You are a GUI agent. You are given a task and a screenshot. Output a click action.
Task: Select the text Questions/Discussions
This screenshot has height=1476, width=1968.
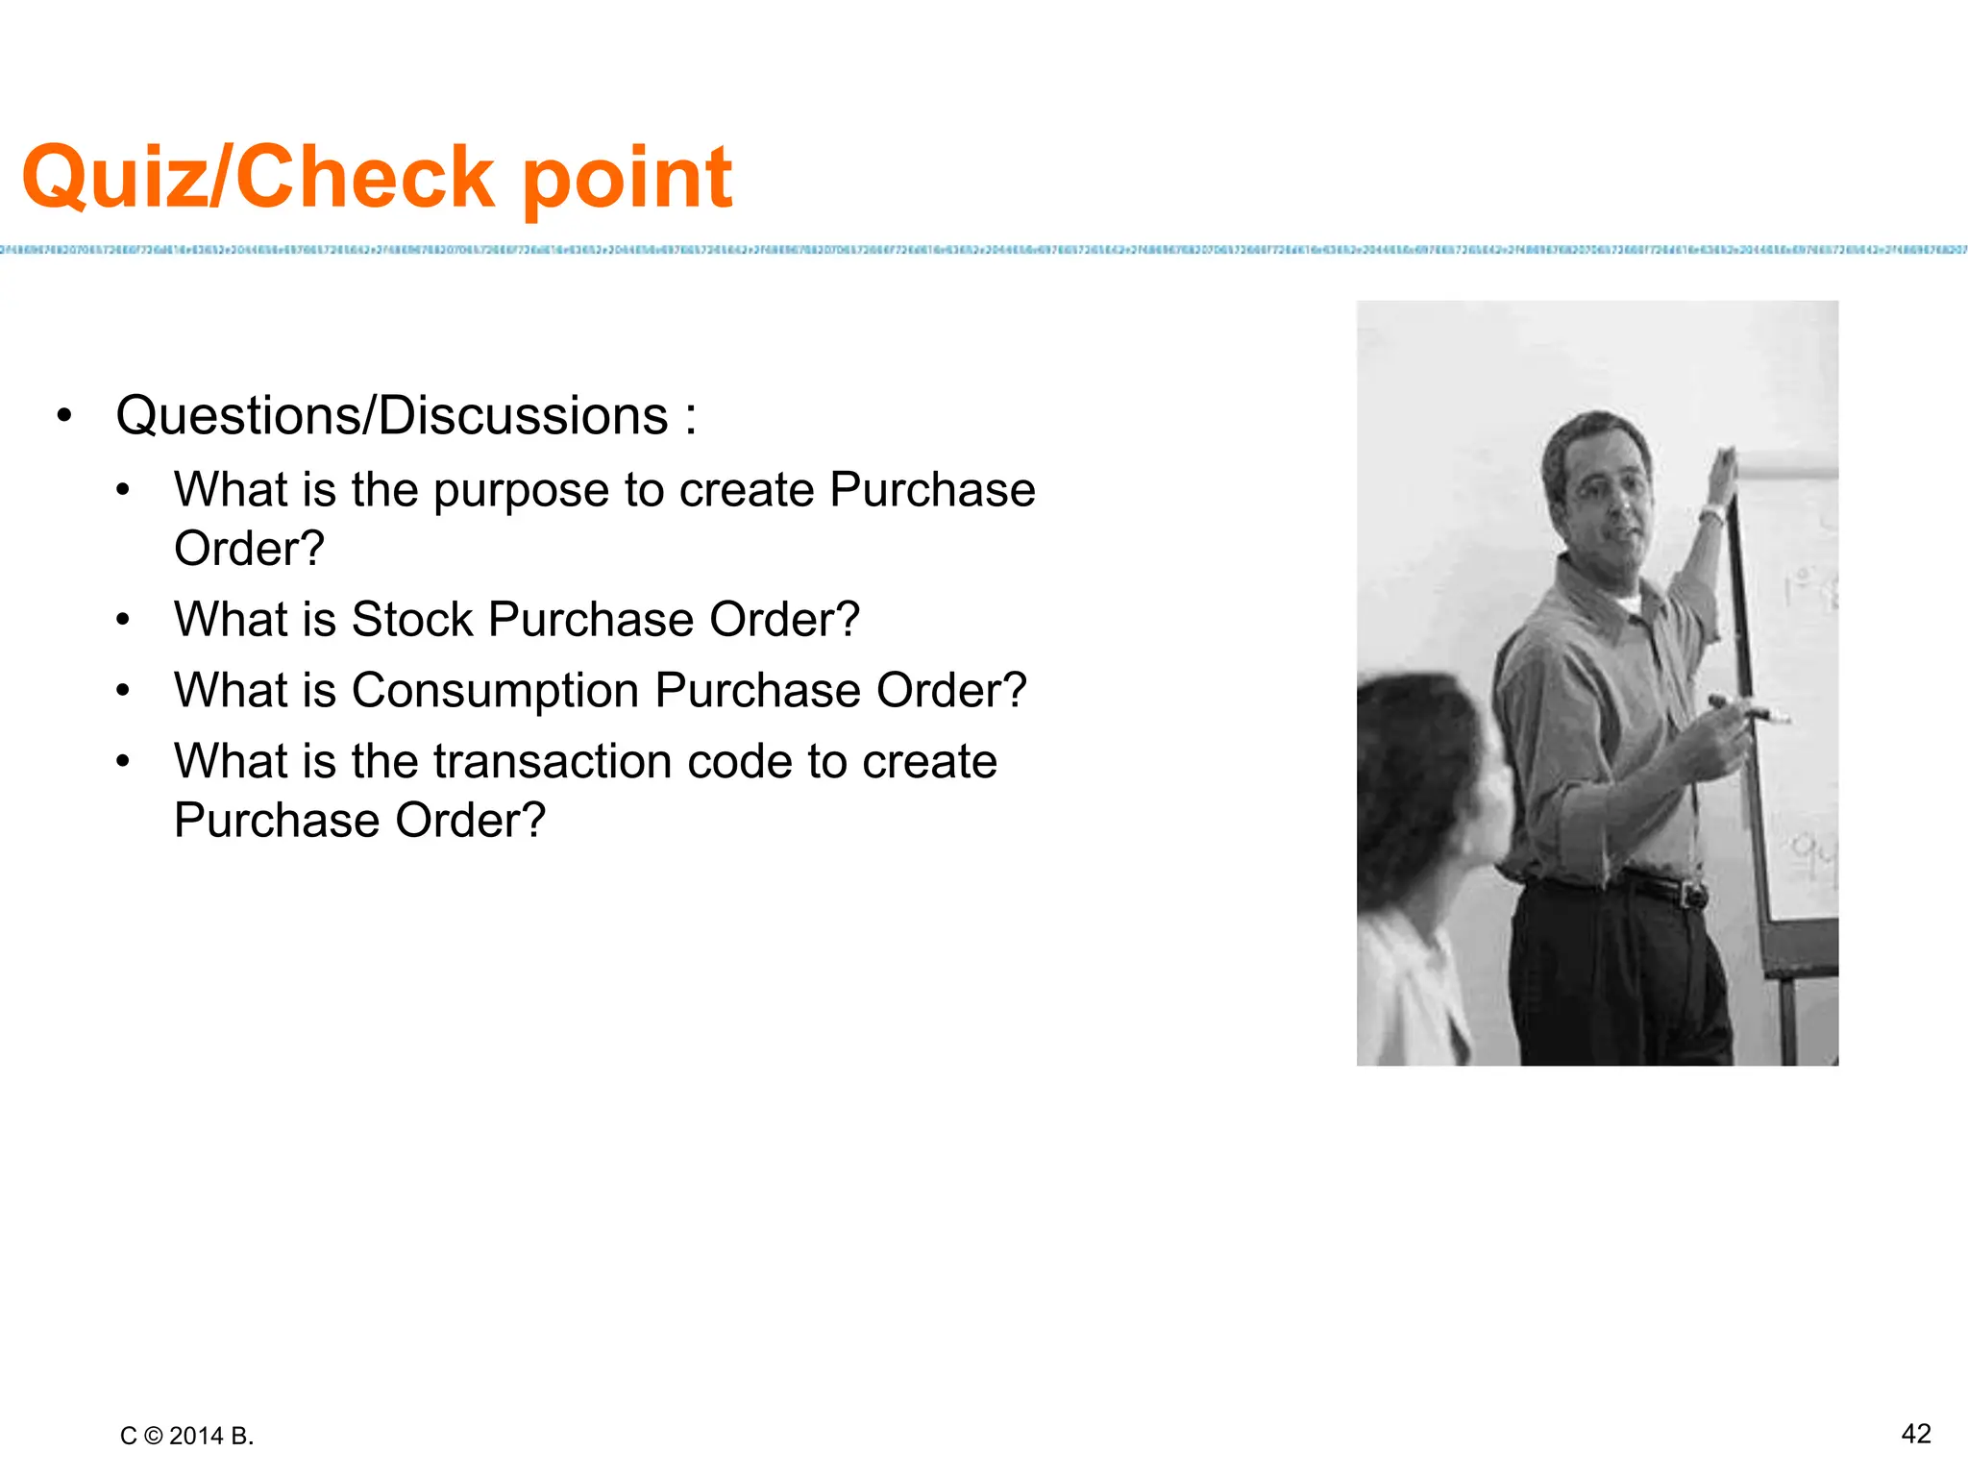(x=392, y=416)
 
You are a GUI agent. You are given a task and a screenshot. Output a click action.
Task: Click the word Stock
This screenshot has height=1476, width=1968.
(x=412, y=620)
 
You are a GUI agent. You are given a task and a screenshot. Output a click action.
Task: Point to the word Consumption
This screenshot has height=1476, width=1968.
(x=495, y=691)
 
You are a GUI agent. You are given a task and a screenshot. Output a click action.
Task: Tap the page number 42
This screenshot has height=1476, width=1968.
(x=1915, y=1434)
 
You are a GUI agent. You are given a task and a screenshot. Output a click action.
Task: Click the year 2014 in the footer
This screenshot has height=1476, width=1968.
(x=196, y=1436)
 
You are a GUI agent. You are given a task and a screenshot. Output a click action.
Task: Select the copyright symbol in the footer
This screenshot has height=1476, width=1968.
(x=153, y=1436)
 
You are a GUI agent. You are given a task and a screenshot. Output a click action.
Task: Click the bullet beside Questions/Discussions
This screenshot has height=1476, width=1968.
(x=64, y=416)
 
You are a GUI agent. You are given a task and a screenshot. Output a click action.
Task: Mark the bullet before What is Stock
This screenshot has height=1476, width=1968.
(x=122, y=620)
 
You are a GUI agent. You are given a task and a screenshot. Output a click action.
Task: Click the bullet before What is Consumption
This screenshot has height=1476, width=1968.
(x=122, y=691)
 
